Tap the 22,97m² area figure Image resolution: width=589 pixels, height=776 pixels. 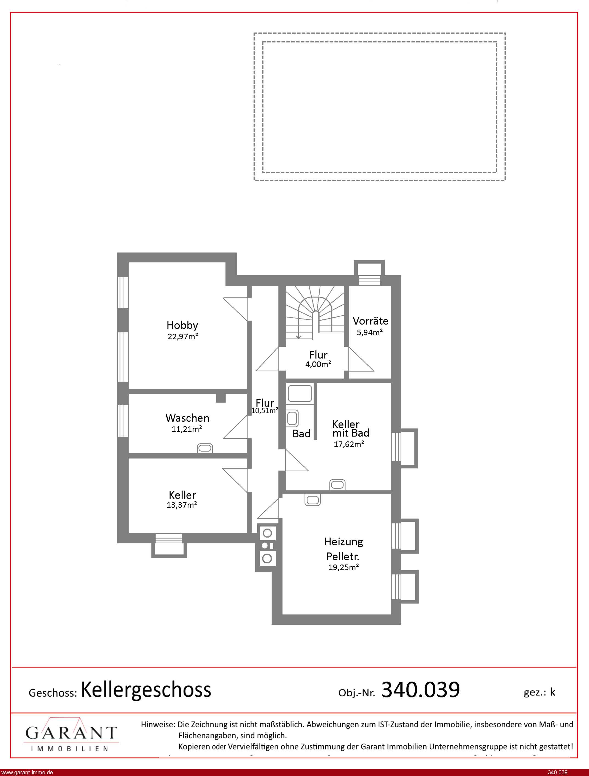tap(183, 336)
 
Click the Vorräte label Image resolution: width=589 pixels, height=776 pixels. tap(370, 321)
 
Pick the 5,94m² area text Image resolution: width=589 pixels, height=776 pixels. tap(370, 332)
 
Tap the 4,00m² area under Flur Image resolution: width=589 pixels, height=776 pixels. tap(318, 364)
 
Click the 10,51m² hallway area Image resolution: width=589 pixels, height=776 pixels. tap(265, 410)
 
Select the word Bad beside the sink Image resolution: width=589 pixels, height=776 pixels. tap(301, 433)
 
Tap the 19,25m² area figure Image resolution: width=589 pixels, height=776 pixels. tap(343, 567)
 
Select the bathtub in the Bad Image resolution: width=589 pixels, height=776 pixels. tap(300, 393)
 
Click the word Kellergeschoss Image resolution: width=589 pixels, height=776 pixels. tap(146, 690)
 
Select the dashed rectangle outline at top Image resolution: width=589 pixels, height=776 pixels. tap(379, 33)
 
